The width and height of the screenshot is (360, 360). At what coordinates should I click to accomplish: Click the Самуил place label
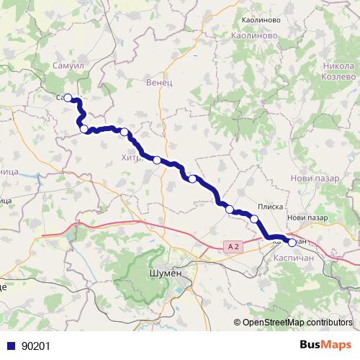[69, 66]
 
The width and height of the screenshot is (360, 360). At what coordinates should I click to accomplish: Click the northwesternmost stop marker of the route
[68, 98]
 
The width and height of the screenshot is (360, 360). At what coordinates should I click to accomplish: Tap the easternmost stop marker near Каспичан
[292, 243]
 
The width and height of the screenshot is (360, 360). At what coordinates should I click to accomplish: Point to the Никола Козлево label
[337, 69]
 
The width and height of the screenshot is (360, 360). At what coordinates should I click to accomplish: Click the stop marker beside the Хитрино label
[125, 132]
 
